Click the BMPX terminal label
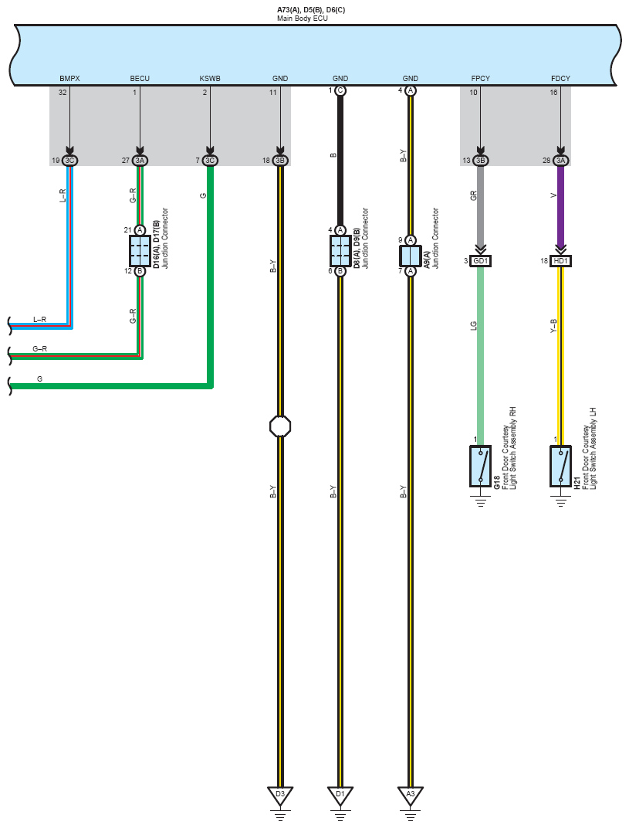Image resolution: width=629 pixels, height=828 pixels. pos(69,79)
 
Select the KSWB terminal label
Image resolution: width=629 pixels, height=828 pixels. pos(210,79)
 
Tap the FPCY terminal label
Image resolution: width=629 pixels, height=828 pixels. pos(480,79)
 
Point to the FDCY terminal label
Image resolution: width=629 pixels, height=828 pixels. pos(560,79)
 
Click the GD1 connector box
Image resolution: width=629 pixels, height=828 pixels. pos(480,261)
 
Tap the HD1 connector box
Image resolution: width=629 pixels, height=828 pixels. pos(560,261)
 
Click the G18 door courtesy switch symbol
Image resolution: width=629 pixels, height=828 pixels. pos(480,466)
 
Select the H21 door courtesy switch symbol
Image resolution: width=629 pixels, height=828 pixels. pos(560,466)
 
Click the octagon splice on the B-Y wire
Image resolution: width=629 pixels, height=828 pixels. pos(280,426)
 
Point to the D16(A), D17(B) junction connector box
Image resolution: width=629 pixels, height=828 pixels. pos(140,250)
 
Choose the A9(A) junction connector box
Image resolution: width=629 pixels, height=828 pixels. pos(411,255)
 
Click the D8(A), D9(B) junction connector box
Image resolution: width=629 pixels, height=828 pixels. pos(340,250)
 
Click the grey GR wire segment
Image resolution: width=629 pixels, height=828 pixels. pos(480,205)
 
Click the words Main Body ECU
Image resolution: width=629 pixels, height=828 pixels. pos(303,18)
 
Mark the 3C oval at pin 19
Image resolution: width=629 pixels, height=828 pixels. pos(69,161)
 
